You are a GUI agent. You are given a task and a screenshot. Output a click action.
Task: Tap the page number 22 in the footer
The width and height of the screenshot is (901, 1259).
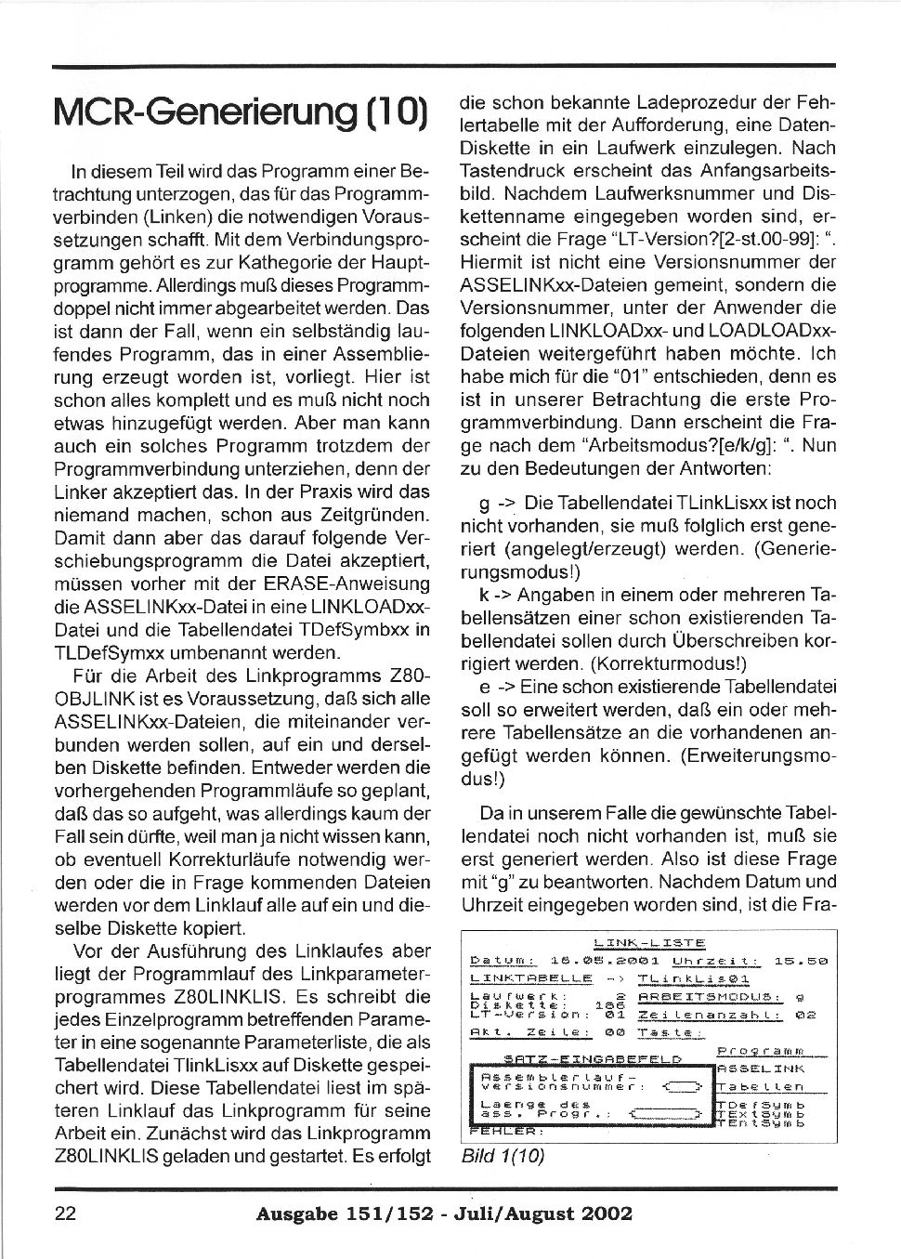pyautogui.click(x=67, y=1213)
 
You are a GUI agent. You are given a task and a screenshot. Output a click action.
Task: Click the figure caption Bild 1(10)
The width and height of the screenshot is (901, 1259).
pyautogui.click(x=502, y=1156)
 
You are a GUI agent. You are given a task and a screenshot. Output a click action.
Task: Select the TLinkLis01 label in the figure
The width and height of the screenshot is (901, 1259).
pyautogui.click(x=694, y=979)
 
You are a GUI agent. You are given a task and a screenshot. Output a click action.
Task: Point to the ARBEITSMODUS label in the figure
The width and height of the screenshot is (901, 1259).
pyautogui.click(x=707, y=998)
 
